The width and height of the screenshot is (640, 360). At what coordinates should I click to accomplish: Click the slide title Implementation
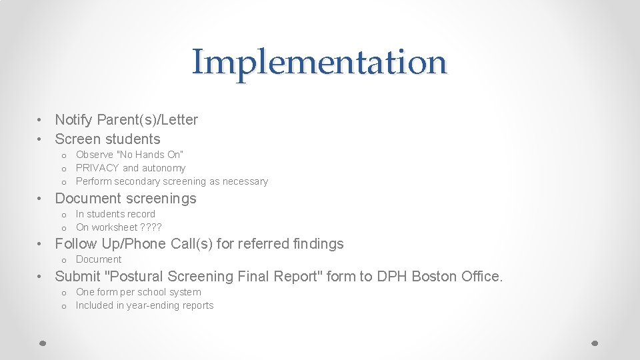point(319,62)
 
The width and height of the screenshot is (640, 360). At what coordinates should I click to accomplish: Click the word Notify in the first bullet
point(75,120)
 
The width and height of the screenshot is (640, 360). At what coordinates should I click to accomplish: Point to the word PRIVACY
point(97,168)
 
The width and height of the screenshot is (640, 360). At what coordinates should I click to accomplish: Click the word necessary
point(245,181)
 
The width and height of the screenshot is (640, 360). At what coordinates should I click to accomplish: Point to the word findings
point(318,244)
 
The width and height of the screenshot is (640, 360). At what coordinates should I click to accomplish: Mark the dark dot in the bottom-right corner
point(595,343)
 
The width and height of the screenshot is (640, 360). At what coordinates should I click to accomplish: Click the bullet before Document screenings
point(41,199)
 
